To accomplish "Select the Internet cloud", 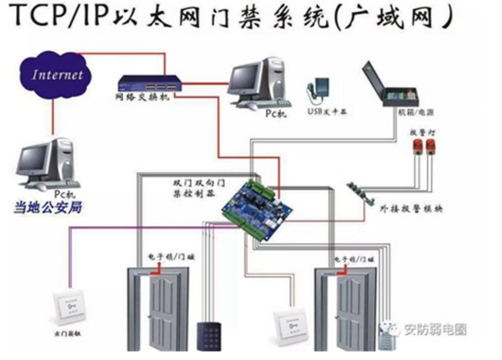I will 58,74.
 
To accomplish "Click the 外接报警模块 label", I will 410,207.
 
